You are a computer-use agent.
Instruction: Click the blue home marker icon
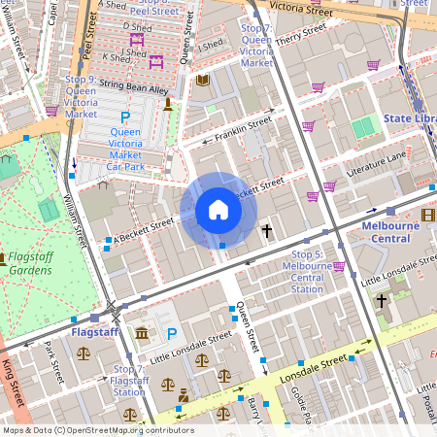click(x=218, y=210)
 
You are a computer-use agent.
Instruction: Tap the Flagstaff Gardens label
click(x=26, y=263)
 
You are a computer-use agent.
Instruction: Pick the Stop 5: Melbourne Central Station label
click(x=307, y=271)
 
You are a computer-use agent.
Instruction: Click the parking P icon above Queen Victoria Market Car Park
click(x=124, y=116)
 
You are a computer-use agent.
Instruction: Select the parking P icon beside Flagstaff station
click(x=172, y=333)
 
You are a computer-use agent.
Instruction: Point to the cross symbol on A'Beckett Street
click(x=266, y=230)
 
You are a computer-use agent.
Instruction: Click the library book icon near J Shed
click(x=202, y=80)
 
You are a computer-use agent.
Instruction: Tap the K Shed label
click(x=116, y=58)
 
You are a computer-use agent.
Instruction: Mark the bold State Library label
click(x=409, y=118)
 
